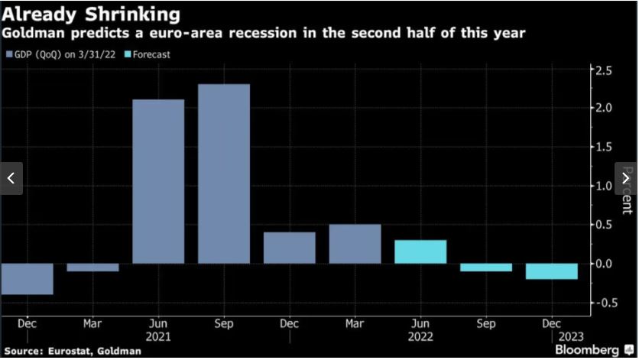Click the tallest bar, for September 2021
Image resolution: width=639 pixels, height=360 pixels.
[223, 174]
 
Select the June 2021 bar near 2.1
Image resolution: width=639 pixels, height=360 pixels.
[158, 181]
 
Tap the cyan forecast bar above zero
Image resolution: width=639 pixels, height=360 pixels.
[420, 251]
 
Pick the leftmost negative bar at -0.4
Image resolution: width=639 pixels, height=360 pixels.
[27, 279]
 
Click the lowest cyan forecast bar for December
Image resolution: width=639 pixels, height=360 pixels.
[551, 271]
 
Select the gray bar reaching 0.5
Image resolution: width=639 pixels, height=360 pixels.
[355, 244]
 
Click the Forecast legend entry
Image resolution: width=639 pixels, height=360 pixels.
[149, 54]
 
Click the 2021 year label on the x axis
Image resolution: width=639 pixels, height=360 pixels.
[159, 336]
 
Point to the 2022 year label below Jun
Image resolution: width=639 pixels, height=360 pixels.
[421, 336]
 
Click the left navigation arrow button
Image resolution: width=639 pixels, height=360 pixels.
[11, 178]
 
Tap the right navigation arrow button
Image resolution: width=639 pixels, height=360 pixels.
[625, 178]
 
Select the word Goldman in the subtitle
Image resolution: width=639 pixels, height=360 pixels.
[31, 34]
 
